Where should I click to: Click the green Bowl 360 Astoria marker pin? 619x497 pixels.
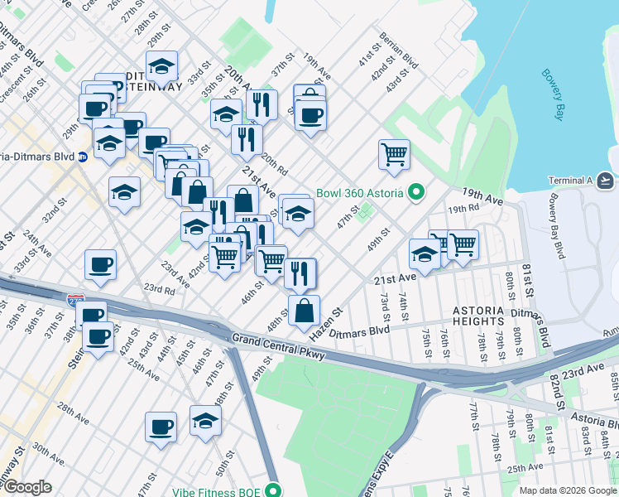click(417, 193)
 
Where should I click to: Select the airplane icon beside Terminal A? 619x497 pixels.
click(605, 180)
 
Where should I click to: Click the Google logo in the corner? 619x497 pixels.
click(27, 487)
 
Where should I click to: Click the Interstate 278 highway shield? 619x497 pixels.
click(76, 296)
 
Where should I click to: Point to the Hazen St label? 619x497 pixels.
click(326, 326)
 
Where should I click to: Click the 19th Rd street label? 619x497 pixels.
click(463, 210)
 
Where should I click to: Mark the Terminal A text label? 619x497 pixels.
click(570, 181)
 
